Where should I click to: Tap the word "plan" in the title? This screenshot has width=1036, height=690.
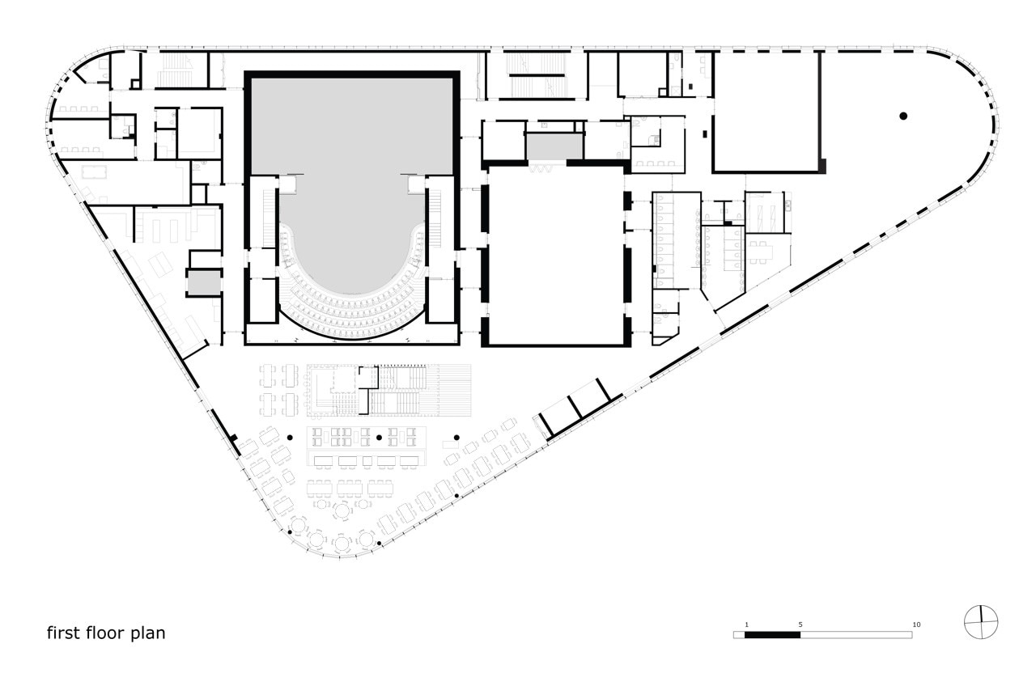pos(147,633)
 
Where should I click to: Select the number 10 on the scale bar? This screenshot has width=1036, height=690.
pos(916,624)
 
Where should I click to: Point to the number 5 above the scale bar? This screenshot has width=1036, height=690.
pos(800,624)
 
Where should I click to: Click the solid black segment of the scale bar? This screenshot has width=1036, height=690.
pos(772,635)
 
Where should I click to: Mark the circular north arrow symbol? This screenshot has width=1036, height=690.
pos(981,622)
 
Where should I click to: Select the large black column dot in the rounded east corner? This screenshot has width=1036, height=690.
pos(903,116)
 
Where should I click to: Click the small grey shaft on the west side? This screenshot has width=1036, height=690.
pos(204,283)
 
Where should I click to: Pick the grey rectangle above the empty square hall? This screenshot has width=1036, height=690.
pos(554,146)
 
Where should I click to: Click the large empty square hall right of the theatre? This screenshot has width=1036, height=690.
pos(556,256)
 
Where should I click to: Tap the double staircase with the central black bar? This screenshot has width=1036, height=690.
pos(536,75)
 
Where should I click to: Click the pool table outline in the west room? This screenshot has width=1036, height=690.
pos(94,172)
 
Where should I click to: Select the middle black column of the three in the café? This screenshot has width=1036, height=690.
pos(380,437)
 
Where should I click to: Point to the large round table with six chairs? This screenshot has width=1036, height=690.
pos(342,510)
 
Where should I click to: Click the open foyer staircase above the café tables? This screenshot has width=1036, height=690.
pos(397,391)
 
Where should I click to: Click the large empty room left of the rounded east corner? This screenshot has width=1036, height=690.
pos(766,112)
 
